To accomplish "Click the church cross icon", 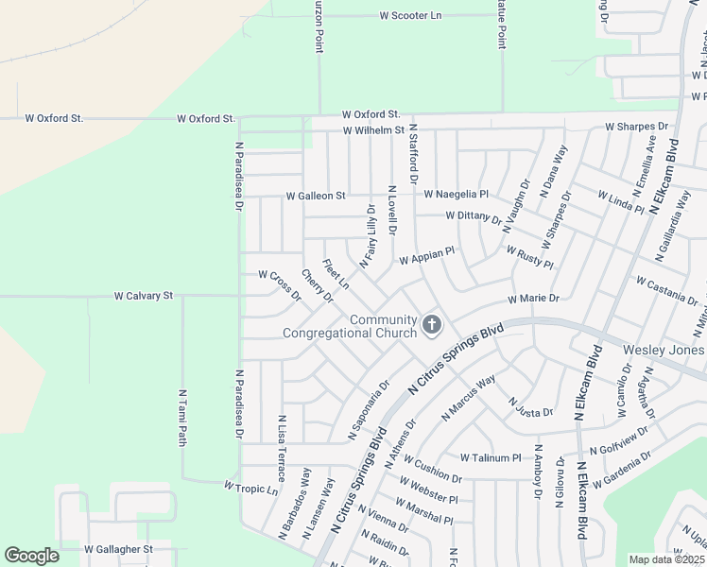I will coord(432,326).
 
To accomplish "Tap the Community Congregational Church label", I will coord(350,326).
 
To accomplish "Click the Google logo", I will coord(31,556).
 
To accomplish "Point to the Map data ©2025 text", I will coord(665,559).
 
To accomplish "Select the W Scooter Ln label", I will coord(410,16).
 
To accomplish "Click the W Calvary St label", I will coord(144,296).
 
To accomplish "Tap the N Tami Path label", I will coord(182,417).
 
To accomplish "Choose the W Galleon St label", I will coord(316,196).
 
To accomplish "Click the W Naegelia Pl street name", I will coord(456,194).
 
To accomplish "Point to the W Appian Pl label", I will coord(427,256).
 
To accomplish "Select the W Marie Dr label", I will coord(533,299).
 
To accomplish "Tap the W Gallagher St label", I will coord(118,549).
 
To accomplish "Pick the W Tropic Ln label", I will coord(250,488).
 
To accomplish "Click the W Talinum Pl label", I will coord(489,458).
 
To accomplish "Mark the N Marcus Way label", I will coord(468,398).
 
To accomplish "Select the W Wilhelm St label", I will coord(373,129).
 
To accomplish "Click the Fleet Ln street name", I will coord(336,274).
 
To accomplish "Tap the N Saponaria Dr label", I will coord(369,410).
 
